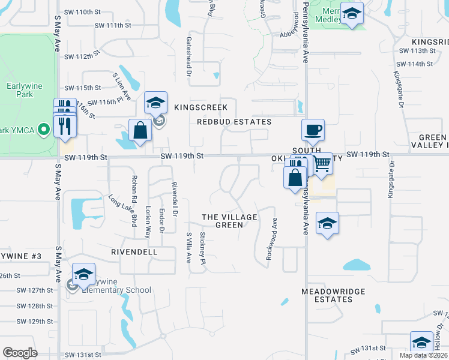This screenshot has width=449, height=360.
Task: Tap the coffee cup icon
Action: coord(312,130)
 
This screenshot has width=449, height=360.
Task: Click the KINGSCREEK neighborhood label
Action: coord(200,107)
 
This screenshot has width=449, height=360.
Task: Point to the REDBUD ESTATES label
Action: coord(234,122)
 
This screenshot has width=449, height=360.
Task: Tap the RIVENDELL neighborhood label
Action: coord(134,252)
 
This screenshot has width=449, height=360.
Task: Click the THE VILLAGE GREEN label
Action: coord(229,221)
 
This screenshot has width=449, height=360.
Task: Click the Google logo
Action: coord(20,353)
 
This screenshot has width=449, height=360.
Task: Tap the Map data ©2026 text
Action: coord(423,355)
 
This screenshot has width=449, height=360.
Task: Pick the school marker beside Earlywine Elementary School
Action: coord(83,275)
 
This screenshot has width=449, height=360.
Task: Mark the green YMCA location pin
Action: coord(43,130)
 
